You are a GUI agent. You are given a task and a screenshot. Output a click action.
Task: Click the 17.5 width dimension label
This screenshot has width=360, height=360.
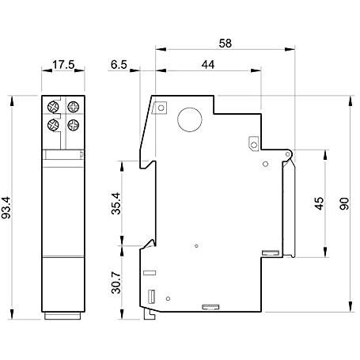coord(63,65)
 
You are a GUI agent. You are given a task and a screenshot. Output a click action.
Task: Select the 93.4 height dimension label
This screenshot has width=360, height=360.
coord(6,208)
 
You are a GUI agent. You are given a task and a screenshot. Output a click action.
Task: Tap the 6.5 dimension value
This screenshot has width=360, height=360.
coord(119,65)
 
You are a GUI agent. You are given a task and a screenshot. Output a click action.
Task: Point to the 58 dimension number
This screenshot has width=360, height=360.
coord(225,44)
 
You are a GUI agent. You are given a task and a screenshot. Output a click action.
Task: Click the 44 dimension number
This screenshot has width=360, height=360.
coord(208,65)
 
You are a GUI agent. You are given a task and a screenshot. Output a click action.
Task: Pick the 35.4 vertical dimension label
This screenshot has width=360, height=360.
coord(116,203)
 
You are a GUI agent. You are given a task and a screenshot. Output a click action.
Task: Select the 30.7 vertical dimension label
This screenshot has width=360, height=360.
coord(116,282)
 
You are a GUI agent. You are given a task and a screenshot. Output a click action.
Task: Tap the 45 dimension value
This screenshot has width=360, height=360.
coord(320,203)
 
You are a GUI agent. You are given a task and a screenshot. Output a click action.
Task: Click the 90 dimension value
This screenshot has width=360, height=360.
coord(344,203)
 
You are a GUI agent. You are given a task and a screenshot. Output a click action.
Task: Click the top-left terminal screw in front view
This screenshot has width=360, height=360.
coord(53,107)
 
